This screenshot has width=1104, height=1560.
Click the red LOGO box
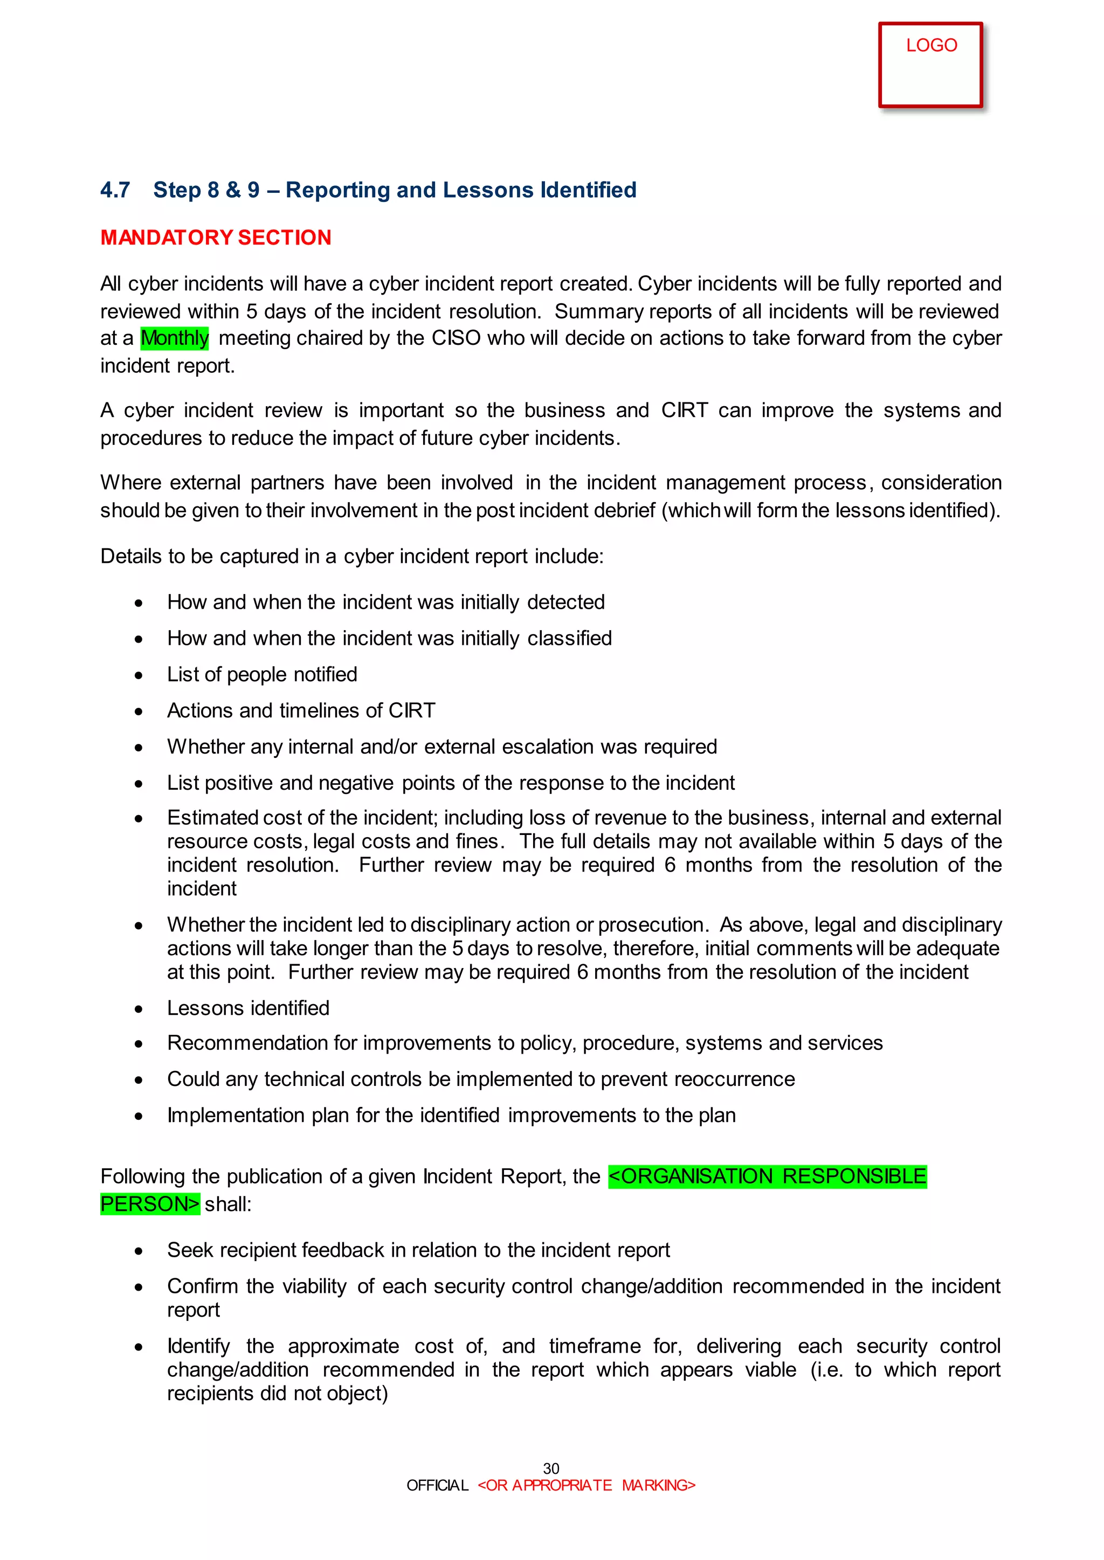click(x=930, y=65)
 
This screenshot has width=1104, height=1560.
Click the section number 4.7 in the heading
click(x=115, y=190)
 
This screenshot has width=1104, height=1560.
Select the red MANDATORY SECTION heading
click(x=216, y=237)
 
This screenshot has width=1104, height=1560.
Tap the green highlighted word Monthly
click(x=175, y=338)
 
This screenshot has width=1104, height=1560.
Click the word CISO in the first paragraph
click(x=456, y=338)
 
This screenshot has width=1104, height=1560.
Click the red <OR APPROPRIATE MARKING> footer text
click(x=586, y=1485)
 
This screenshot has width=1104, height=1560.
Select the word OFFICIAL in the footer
click(x=437, y=1485)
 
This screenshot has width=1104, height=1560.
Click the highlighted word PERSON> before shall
click(x=149, y=1204)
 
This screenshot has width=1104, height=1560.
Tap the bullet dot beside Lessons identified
click(x=139, y=1009)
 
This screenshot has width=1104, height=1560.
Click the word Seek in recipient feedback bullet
click(x=190, y=1250)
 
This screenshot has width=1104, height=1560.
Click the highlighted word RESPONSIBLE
click(x=854, y=1176)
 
